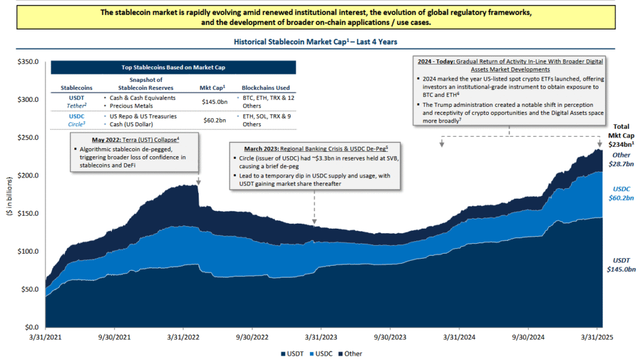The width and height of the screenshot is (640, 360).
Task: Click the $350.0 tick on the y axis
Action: pos(27,62)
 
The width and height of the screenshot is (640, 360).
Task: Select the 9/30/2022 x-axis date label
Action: pos(252,336)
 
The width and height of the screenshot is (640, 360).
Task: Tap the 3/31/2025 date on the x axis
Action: pos(597,336)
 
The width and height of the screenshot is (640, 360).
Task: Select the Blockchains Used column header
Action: pos(265,88)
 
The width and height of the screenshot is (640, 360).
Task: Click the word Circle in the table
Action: pos(76,124)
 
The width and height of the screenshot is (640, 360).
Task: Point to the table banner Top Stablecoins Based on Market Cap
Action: pos(173,67)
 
